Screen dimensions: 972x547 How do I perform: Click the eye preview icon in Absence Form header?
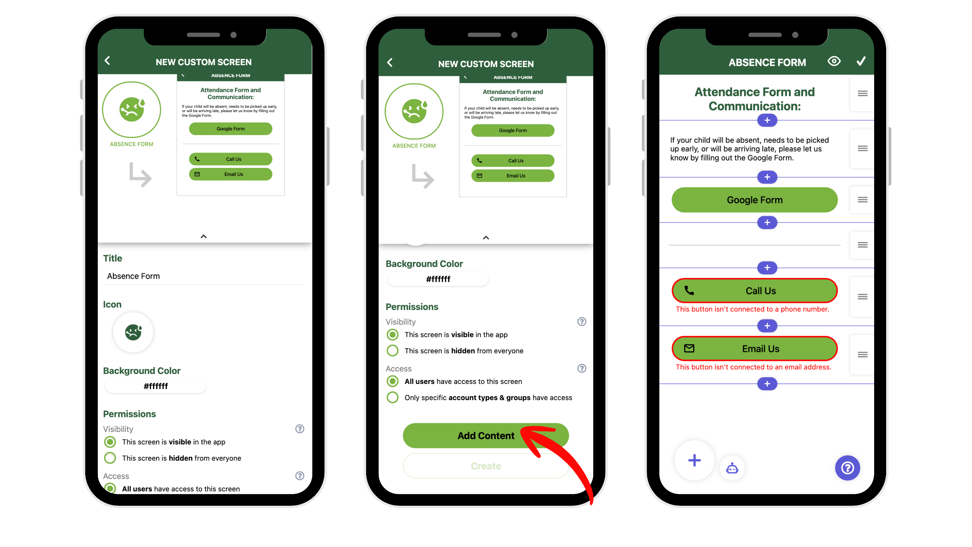834,61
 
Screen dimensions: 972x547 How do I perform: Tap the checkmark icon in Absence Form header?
861,61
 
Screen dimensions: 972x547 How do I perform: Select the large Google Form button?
754,200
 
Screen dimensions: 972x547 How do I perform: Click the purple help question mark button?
847,468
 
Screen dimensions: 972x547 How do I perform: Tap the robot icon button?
732,469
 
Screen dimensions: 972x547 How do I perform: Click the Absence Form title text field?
204,276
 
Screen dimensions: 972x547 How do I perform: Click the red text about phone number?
752,309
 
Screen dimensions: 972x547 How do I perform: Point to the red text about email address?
754,367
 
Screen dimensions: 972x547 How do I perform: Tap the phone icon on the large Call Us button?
689,290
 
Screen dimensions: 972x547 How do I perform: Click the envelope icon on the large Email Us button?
689,348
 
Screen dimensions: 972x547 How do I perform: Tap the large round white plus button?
694,460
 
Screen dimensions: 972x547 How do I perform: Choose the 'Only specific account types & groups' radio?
392,398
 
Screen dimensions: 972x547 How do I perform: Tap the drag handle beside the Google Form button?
862,200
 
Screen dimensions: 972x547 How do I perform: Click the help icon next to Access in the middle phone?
582,368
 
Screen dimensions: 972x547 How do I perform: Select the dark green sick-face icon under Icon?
133,332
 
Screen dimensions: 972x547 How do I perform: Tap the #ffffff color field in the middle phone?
438,279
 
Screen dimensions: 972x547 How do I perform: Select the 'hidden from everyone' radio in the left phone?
110,458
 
